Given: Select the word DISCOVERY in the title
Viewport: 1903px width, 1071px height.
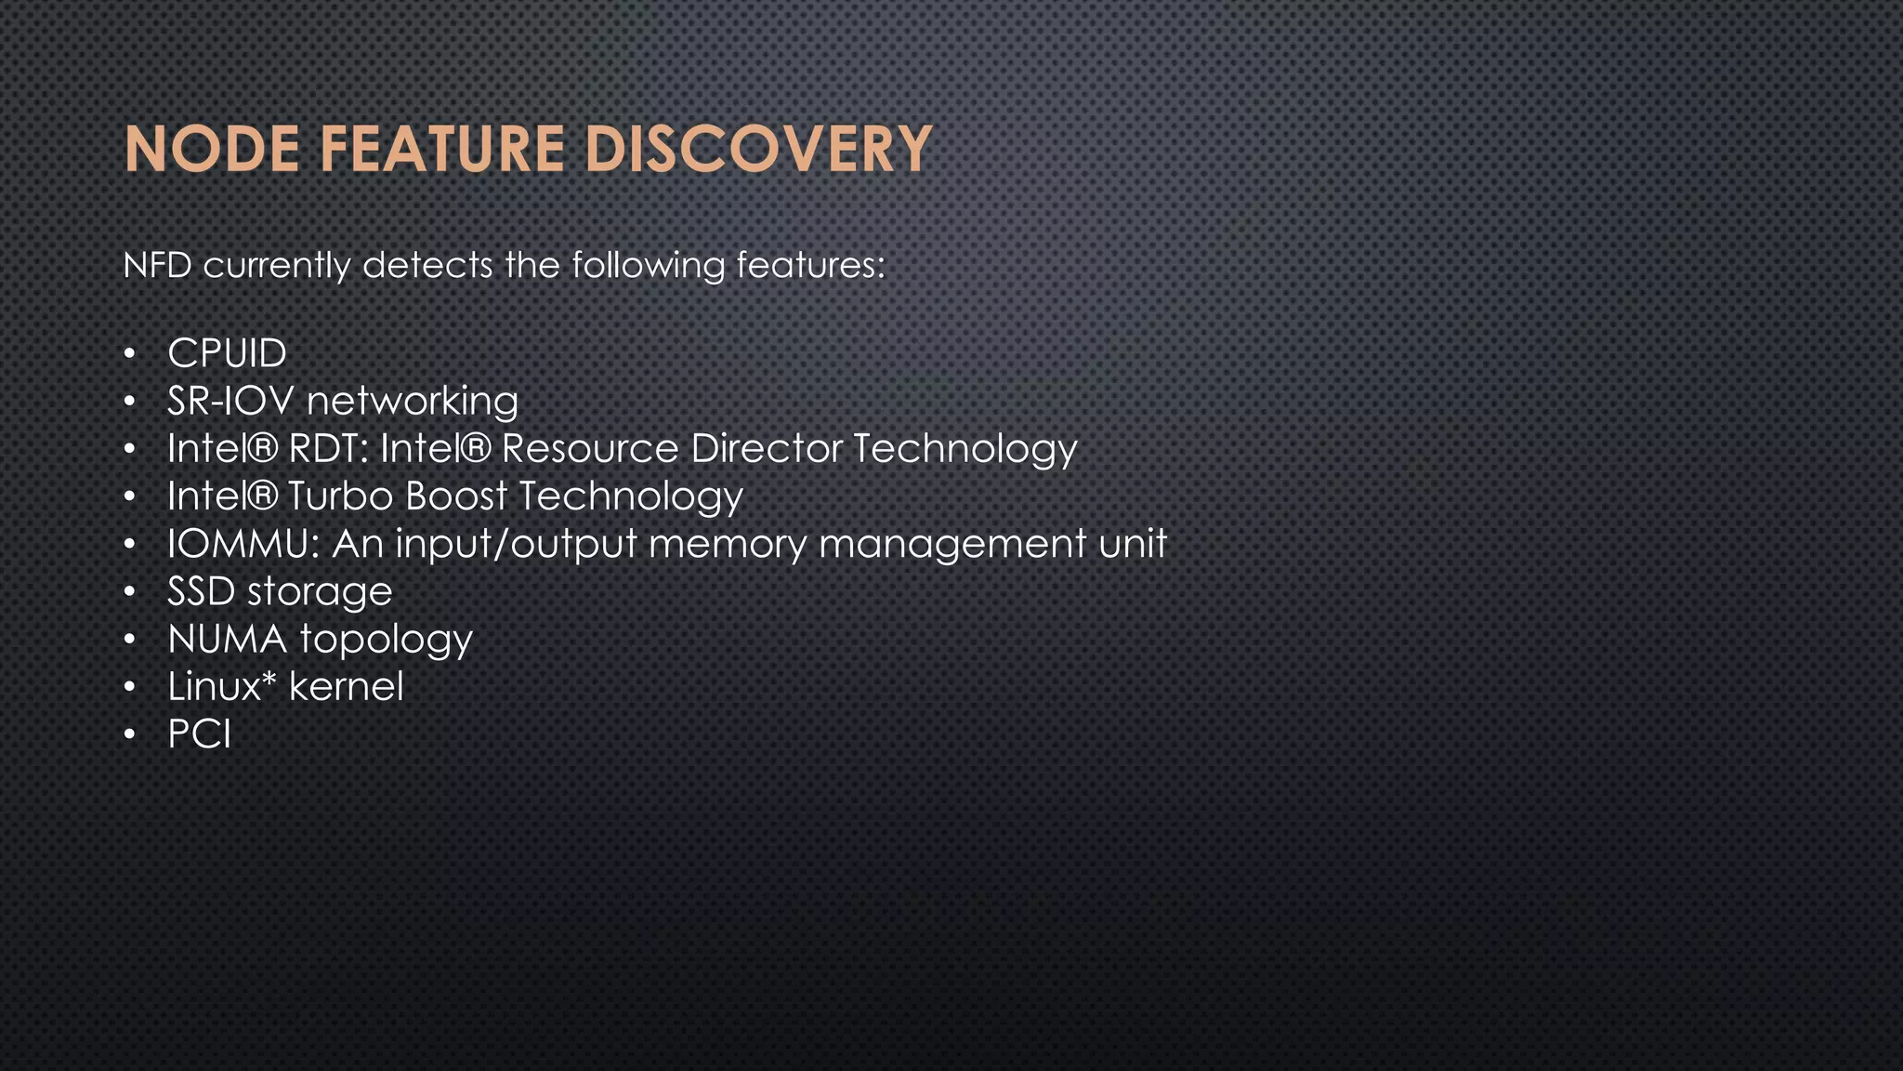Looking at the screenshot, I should coord(758,150).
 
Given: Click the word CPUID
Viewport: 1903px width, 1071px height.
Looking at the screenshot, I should coord(227,353).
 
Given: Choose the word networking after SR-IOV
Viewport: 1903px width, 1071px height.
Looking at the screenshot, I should coord(413,402).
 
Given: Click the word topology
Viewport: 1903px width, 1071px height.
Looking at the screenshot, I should coord(386,641).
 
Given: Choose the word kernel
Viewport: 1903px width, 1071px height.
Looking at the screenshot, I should coord(346,687).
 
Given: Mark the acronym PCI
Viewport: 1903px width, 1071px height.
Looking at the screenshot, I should coord(199,734).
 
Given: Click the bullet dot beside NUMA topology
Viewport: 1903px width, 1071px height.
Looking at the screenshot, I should coord(131,640).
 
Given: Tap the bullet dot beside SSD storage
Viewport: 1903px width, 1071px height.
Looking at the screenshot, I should coord(131,592).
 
